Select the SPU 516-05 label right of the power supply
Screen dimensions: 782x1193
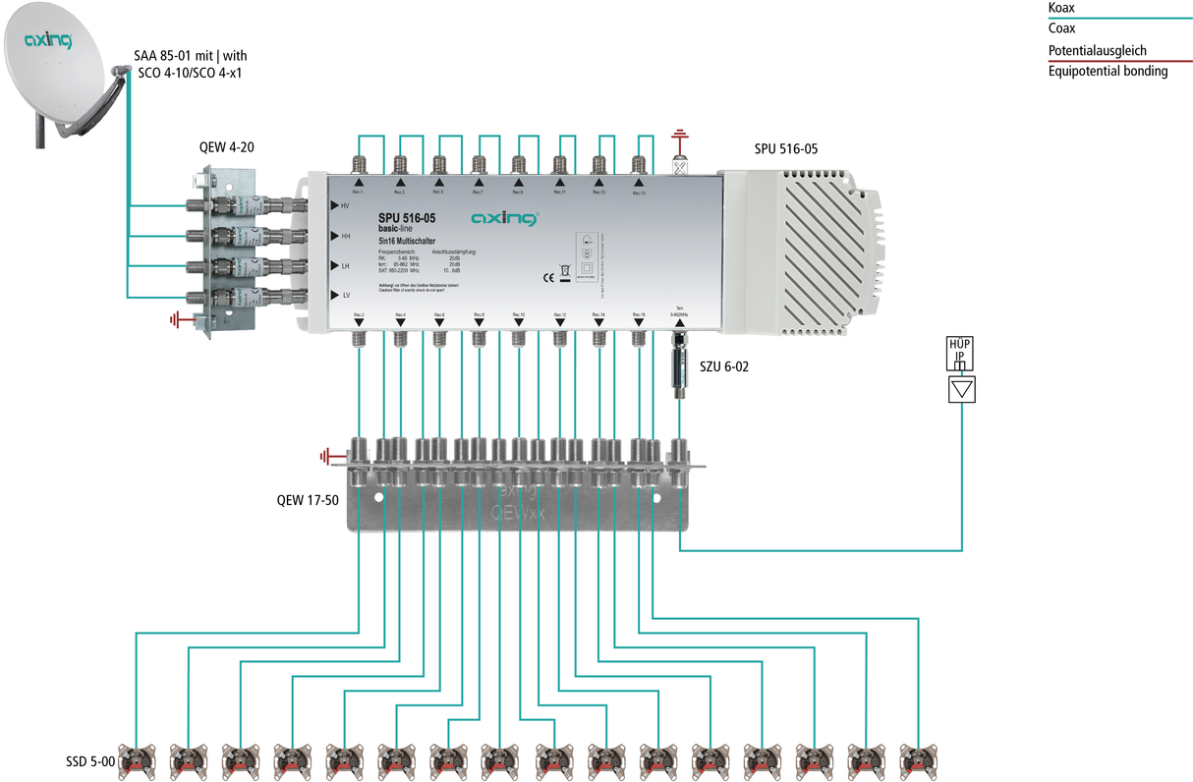(x=785, y=149)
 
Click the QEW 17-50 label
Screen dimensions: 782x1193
(x=307, y=500)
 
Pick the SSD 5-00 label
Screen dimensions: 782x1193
(x=89, y=761)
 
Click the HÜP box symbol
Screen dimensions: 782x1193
(x=961, y=354)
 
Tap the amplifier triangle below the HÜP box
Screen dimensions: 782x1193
(x=961, y=389)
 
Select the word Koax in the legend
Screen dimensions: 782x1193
(x=1061, y=8)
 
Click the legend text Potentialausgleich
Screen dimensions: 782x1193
(x=1097, y=50)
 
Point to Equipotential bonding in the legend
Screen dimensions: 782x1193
(x=1108, y=71)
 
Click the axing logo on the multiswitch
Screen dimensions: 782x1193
(x=504, y=217)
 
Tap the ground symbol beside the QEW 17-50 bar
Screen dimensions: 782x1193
(x=328, y=455)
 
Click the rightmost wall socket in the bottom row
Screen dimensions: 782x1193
(x=918, y=759)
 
